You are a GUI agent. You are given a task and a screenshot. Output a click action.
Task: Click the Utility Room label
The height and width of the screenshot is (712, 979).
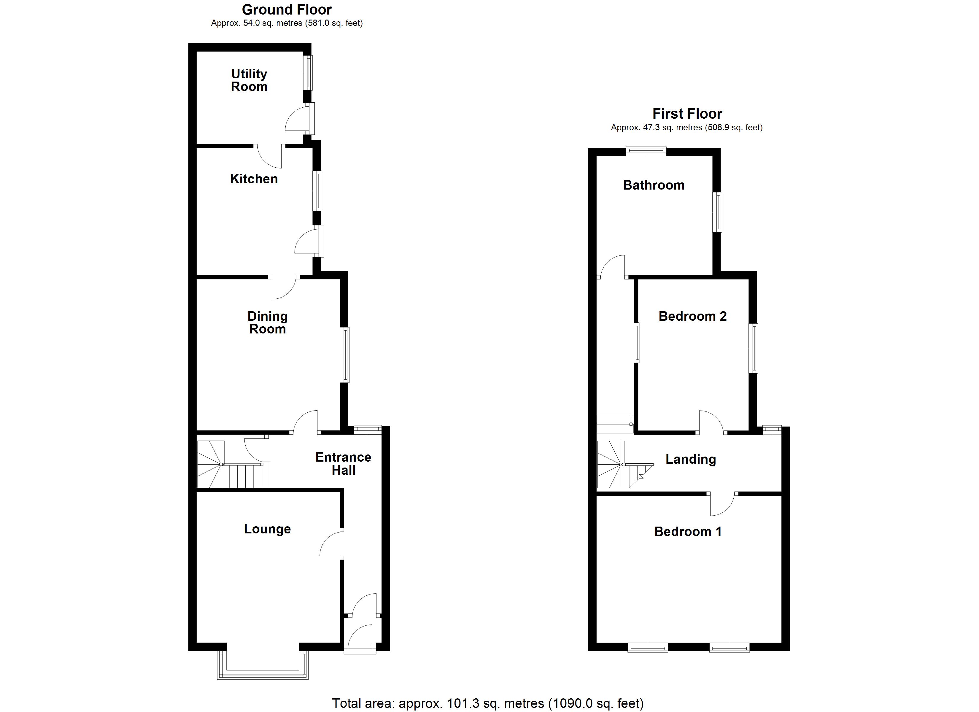(249, 80)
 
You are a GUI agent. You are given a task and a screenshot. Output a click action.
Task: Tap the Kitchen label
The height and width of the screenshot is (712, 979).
(254, 179)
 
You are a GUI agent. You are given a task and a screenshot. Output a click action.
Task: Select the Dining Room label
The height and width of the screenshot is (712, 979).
(268, 322)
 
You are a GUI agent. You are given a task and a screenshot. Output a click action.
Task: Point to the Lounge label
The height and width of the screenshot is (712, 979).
(267, 529)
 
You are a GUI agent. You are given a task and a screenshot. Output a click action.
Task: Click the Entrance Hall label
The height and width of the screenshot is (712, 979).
(343, 464)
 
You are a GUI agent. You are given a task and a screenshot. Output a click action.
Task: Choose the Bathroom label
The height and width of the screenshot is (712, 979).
(654, 185)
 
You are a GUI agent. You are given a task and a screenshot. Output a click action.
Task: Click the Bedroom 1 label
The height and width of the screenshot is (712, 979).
(688, 532)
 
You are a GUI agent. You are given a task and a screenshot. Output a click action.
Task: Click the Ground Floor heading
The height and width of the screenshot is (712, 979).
(287, 9)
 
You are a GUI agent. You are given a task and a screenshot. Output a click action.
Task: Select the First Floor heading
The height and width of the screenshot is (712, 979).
(687, 114)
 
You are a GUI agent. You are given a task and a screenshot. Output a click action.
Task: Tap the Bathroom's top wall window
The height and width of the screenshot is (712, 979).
(646, 151)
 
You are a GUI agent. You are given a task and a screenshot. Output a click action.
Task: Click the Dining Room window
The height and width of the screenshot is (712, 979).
(344, 355)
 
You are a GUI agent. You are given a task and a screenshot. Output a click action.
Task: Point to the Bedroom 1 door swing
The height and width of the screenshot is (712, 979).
(722, 503)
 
